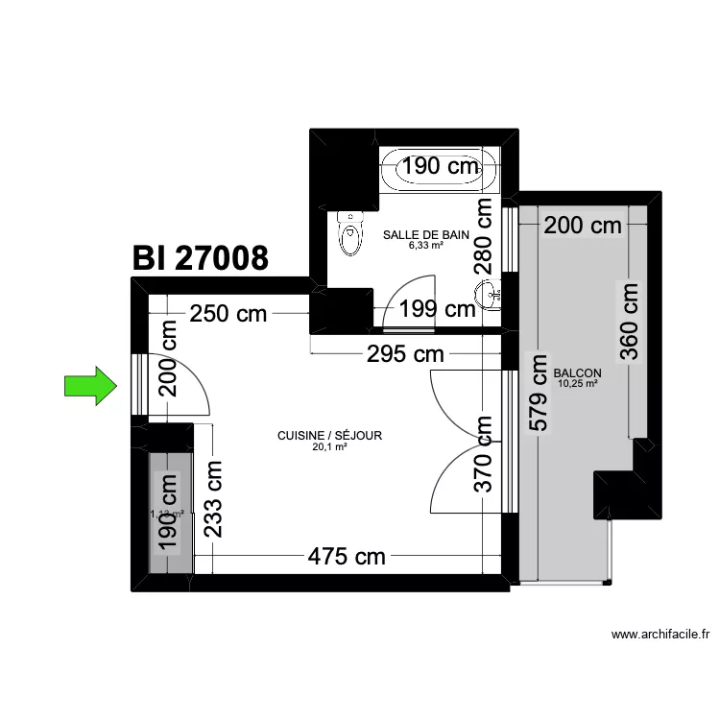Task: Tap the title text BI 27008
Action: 200,258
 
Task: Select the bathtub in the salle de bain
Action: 439,171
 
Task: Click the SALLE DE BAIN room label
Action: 425,233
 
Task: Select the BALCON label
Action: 577,373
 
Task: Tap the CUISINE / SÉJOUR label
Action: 329,435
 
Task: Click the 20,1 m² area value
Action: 329,446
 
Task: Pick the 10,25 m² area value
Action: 577,384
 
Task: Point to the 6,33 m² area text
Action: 425,245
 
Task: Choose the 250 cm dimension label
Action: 229,313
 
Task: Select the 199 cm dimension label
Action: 438,309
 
